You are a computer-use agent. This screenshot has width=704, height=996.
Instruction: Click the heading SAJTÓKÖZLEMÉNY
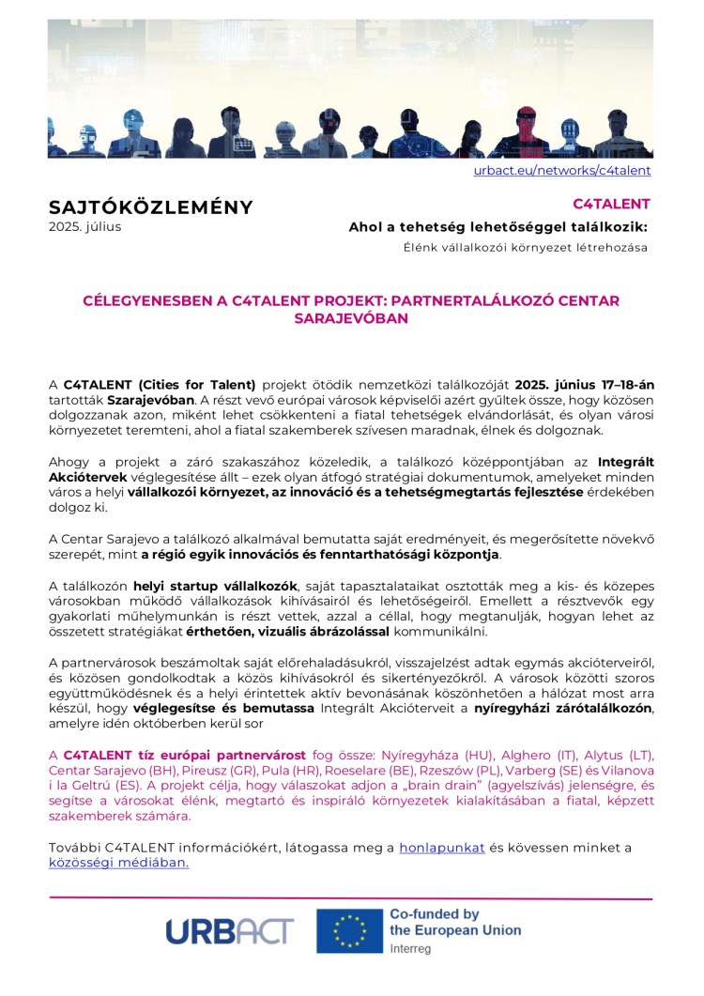tap(150, 207)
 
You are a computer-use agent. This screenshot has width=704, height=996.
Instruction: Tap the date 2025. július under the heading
tap(84, 226)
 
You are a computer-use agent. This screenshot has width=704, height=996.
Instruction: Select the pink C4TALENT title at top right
tap(611, 203)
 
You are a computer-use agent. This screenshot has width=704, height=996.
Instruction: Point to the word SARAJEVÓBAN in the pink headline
tap(351, 318)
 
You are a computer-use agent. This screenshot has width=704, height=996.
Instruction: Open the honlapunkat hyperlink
tap(442, 848)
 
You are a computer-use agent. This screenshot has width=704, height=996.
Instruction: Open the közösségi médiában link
tap(118, 863)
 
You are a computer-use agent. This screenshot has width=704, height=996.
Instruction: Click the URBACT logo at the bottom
tap(230, 929)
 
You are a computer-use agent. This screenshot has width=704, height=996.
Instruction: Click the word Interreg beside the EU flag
tap(410, 949)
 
